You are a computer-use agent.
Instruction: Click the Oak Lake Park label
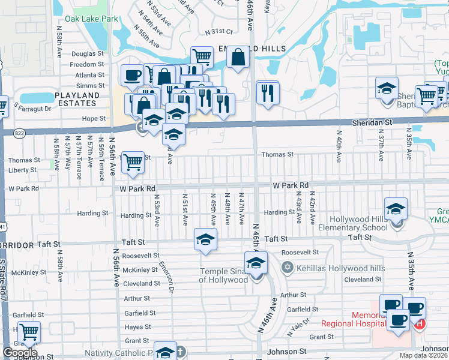[92, 19]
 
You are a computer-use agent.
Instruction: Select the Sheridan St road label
[372, 122]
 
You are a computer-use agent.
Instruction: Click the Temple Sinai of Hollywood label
[223, 275]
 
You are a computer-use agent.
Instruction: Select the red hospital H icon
[420, 324]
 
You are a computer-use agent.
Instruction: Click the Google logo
[20, 353]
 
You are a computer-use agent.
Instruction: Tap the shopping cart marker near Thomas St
[133, 162]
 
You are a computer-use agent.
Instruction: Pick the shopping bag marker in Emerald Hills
[238, 57]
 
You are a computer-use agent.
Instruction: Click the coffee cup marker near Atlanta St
[132, 76]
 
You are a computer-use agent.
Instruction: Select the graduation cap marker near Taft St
[205, 239]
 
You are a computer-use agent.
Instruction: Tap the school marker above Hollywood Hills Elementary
[395, 209]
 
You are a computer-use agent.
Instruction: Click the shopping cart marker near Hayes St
[28, 332]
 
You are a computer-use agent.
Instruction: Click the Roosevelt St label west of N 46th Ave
[140, 256]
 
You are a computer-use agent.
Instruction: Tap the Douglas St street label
[88, 53]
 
